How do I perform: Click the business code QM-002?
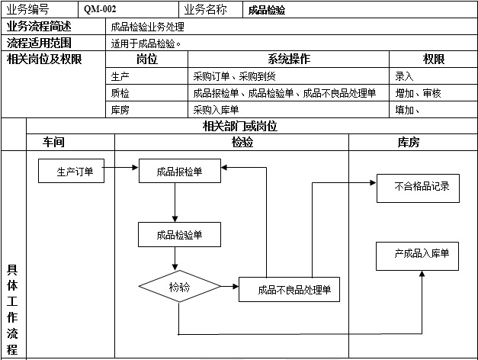pyautogui.click(x=100, y=10)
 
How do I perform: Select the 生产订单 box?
pyautogui.click(x=75, y=172)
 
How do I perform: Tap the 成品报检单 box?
pyautogui.click(x=179, y=172)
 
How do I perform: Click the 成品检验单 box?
pyautogui.click(x=179, y=235)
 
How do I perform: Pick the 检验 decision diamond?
pyautogui.click(x=179, y=288)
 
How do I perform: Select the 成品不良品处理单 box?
pyautogui.click(x=290, y=290)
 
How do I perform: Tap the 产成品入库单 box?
pyautogui.click(x=418, y=255)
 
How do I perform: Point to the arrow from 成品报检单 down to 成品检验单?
pyautogui.click(x=175, y=202)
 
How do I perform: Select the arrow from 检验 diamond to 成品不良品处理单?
pyautogui.click(x=229, y=287)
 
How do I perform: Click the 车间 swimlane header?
pyautogui.click(x=53, y=142)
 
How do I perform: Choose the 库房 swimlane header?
pyautogui.click(x=409, y=142)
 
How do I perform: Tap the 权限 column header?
pyautogui.click(x=433, y=59)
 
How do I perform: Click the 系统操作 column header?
pyautogui.click(x=289, y=59)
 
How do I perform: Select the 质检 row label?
pyautogui.click(x=120, y=93)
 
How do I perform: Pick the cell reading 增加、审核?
pyautogui.click(x=419, y=93)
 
